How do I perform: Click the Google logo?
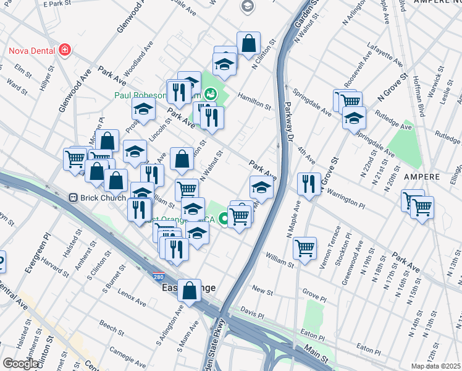20,363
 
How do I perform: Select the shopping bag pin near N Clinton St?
248,43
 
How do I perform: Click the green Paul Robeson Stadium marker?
211,94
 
